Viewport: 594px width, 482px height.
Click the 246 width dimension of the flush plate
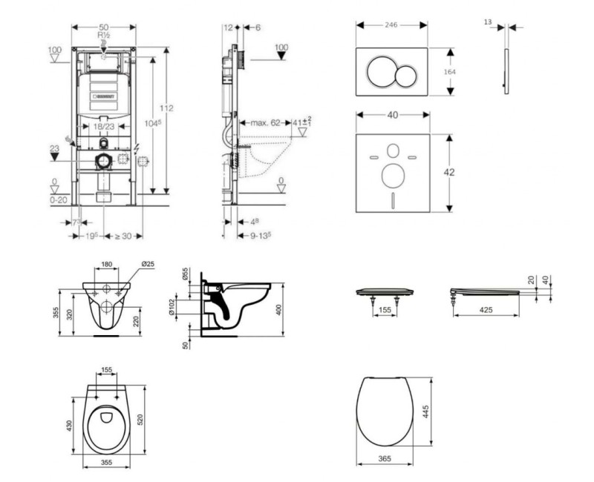click(391, 24)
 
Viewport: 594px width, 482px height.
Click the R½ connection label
click(103, 34)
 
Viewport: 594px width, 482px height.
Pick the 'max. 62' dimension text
click(264, 122)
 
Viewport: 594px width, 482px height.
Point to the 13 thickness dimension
click(488, 23)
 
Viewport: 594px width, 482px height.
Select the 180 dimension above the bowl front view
click(108, 264)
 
